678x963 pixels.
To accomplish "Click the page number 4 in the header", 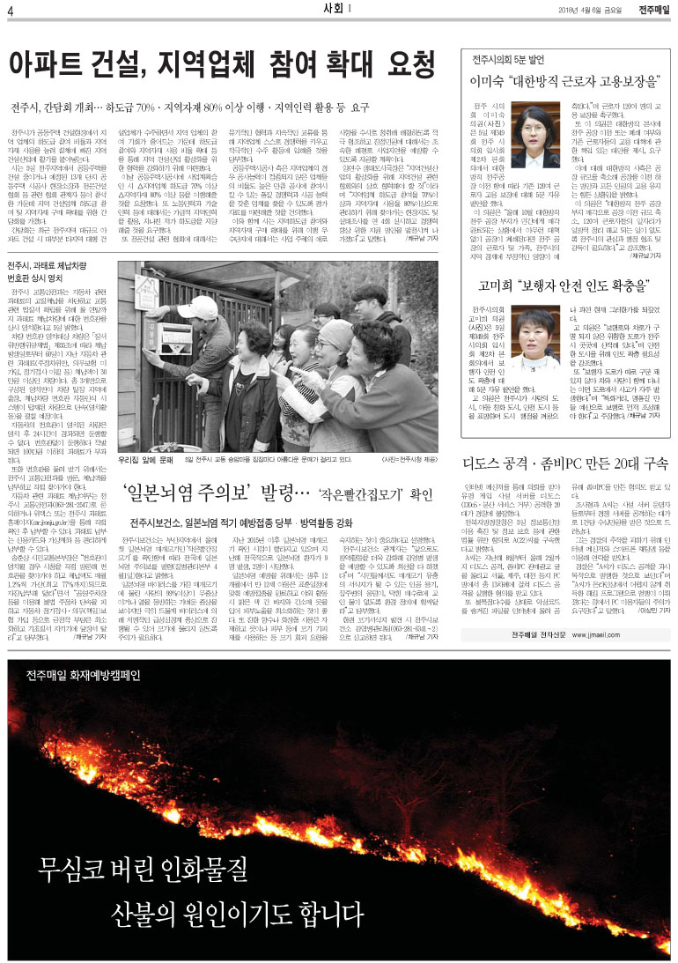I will click(10, 11).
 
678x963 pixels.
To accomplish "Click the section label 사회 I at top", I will click(338, 11).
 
